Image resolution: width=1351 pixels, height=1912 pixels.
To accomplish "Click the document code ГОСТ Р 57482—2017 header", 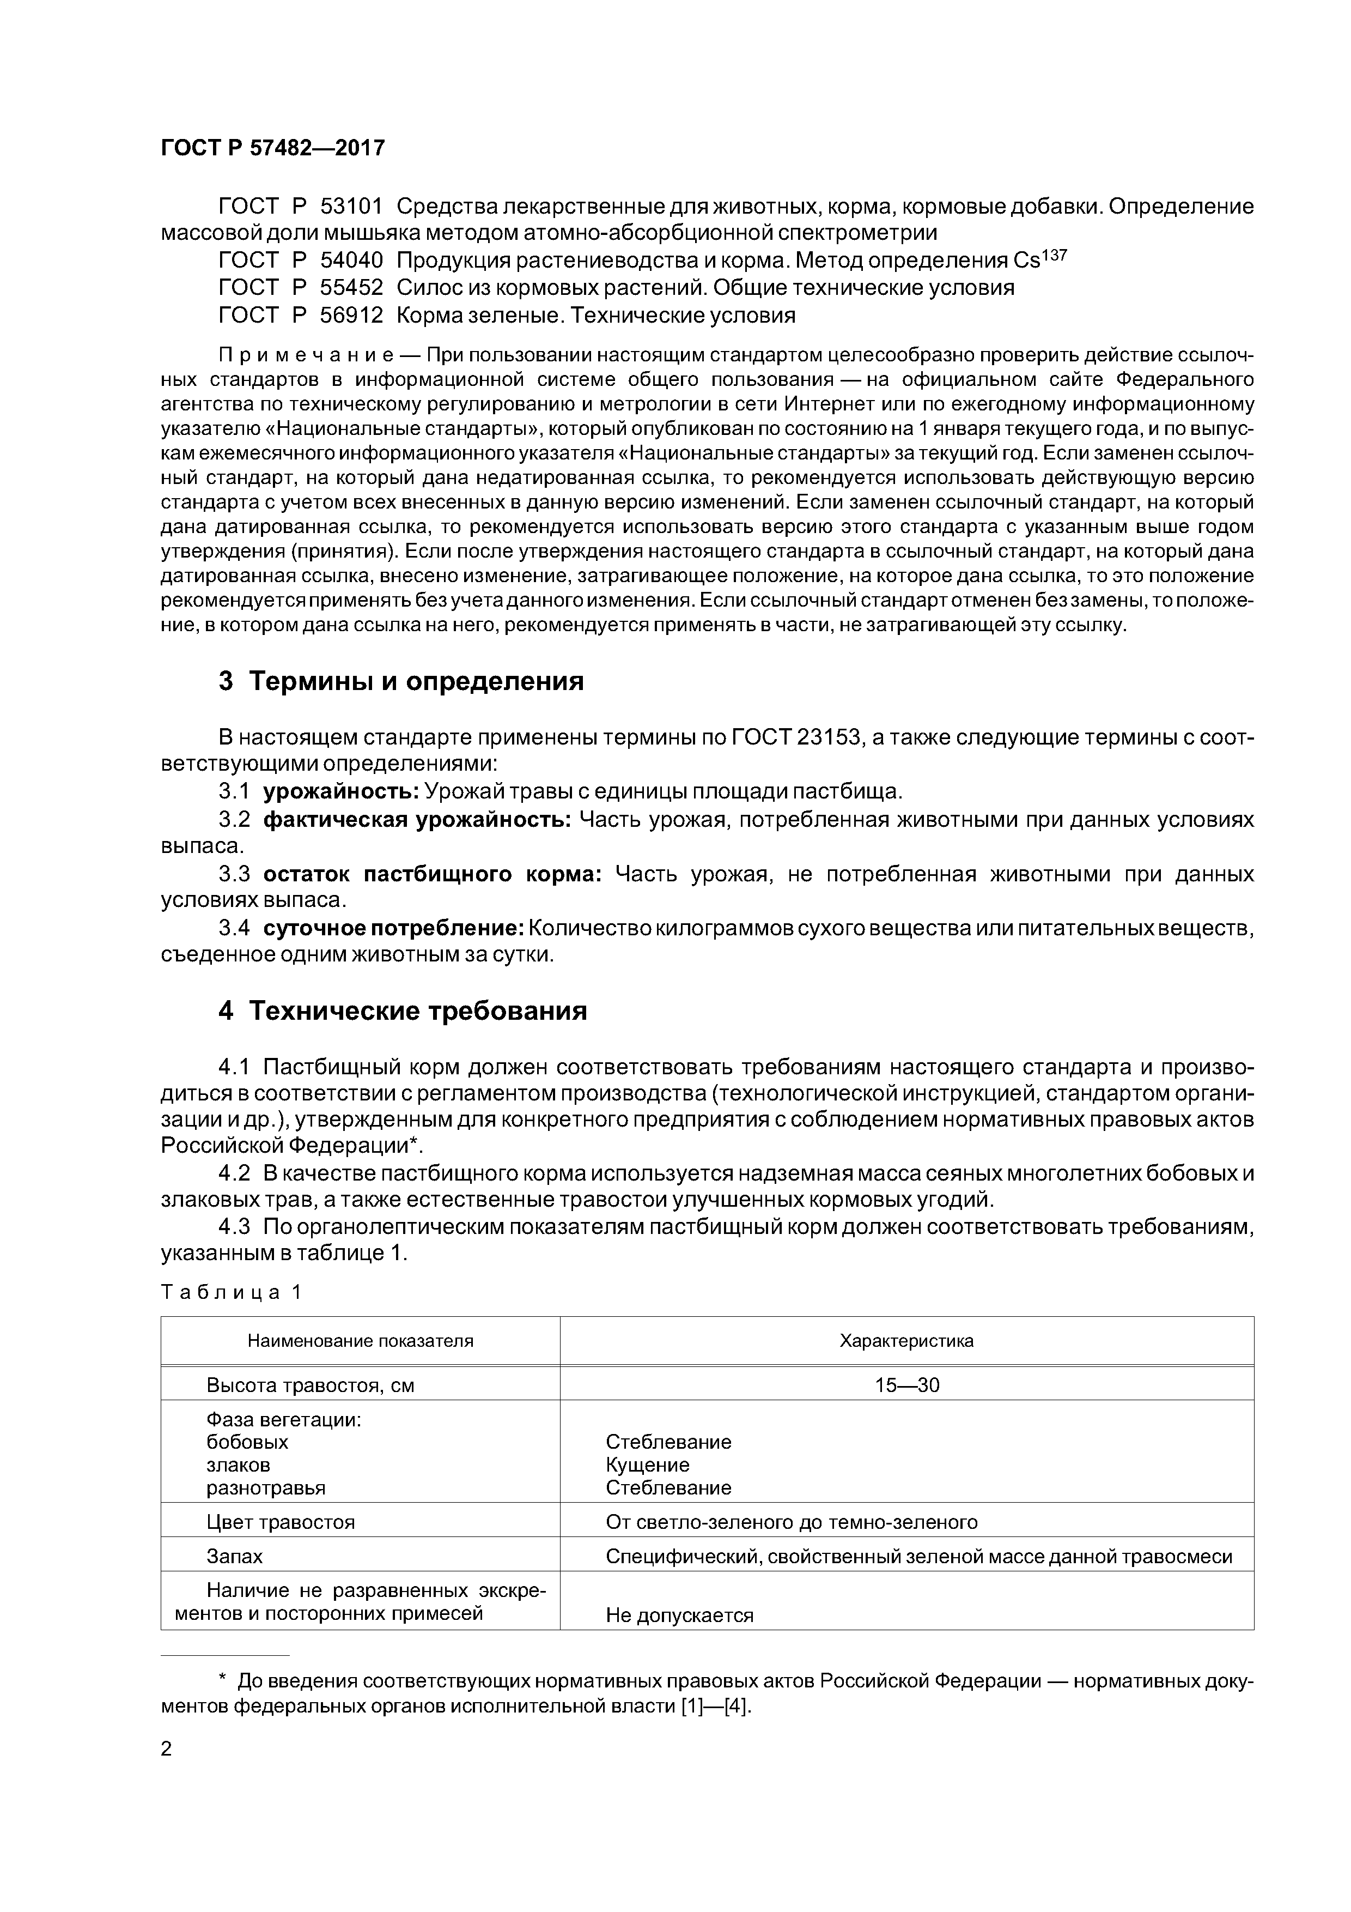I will [x=272, y=148].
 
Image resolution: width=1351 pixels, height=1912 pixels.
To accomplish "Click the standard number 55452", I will [x=351, y=288].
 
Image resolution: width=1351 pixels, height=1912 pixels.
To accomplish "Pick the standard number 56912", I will [x=351, y=316].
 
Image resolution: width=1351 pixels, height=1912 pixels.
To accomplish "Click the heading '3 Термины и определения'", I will [x=401, y=681].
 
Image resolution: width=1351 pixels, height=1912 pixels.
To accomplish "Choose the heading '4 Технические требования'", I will [x=403, y=1011].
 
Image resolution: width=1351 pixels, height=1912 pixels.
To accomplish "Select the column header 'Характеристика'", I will [x=906, y=1341].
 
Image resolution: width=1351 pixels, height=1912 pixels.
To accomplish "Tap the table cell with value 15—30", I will [x=906, y=1385].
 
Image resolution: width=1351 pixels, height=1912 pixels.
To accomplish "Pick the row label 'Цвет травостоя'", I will [x=281, y=1522].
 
